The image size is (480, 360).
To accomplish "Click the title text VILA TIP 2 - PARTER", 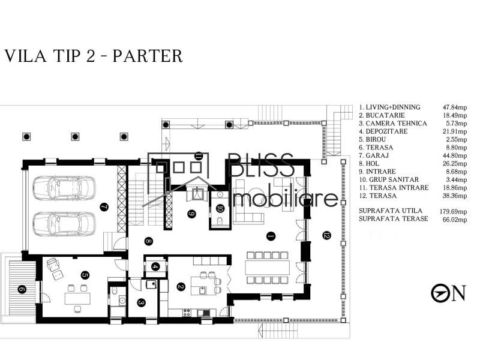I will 93,56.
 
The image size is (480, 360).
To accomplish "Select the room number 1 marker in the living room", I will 270,236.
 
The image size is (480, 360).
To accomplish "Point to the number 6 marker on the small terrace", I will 22,290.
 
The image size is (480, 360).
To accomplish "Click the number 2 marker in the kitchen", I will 180,286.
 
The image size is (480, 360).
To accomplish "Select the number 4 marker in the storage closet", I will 156,266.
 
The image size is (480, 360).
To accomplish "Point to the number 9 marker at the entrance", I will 191,213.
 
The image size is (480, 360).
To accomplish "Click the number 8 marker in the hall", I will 148,242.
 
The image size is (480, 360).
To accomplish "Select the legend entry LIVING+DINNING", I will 390,107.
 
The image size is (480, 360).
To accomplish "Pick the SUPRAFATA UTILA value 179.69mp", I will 452,211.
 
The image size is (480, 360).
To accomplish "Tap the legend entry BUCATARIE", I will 382,115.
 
